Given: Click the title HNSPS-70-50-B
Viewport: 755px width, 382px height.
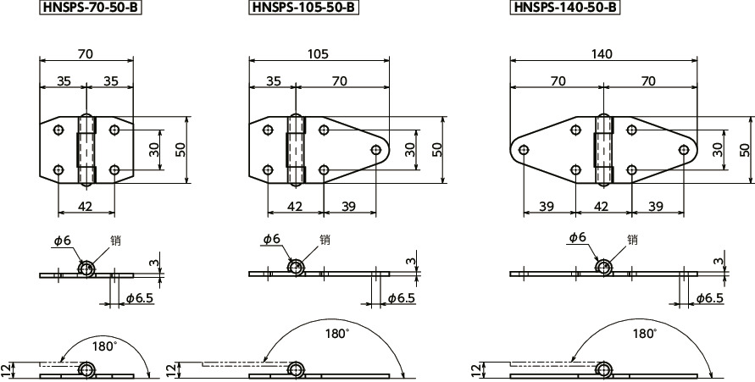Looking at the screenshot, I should [x=88, y=8].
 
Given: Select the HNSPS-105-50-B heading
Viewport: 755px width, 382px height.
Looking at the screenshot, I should [x=303, y=8].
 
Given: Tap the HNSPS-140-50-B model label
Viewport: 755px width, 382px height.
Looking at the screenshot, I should [x=564, y=8].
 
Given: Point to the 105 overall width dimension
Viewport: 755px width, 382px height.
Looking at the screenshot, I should [x=319, y=53].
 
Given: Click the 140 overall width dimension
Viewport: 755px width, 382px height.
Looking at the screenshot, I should [x=602, y=53].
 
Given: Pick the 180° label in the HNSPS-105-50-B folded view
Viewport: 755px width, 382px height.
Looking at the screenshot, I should [x=336, y=334].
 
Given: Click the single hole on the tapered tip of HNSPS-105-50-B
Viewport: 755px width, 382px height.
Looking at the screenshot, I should [x=376, y=150].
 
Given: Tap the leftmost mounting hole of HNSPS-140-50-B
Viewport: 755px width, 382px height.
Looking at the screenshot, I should [x=524, y=150].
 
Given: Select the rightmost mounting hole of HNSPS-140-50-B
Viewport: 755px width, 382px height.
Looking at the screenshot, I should [x=683, y=150].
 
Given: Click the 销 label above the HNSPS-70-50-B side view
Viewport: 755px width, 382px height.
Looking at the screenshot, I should [x=115, y=241].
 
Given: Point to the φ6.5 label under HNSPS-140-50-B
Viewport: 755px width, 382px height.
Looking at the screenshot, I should [x=709, y=297].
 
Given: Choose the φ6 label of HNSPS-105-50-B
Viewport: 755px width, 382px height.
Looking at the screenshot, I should [x=271, y=240].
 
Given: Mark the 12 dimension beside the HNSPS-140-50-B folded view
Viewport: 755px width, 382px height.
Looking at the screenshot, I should [x=475, y=368].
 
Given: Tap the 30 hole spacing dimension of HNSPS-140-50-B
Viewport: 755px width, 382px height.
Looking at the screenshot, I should [x=717, y=149].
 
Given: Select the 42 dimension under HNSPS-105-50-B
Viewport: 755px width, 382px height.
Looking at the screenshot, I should [x=294, y=207].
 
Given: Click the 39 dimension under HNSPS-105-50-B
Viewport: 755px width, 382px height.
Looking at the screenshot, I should [x=348, y=207].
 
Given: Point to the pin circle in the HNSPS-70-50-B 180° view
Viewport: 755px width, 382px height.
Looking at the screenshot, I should [x=86, y=369].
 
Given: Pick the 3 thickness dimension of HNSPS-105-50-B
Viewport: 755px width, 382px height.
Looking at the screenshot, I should [x=411, y=263].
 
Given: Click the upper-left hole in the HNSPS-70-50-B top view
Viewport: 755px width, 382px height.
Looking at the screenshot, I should [x=58, y=130].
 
